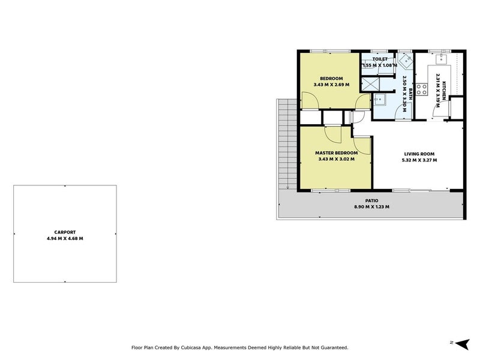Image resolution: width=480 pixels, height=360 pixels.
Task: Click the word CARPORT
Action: pos(65,232)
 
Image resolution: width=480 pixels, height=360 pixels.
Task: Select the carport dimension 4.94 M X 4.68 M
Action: pos(65,238)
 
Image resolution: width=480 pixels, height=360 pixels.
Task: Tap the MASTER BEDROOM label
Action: pos(336,153)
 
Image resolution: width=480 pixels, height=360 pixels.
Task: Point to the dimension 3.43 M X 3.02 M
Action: pos(336,160)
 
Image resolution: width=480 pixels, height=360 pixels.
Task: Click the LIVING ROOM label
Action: pos(419,154)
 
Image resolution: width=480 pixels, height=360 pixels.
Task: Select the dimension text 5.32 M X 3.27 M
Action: pos(419,160)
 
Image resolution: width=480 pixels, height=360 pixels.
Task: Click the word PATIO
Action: pos(371,200)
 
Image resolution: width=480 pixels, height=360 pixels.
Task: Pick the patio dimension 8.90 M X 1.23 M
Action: pos(371,207)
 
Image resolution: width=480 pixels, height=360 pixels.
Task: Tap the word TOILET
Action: pos(380,59)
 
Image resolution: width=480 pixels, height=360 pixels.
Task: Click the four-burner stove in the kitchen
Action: pos(422,89)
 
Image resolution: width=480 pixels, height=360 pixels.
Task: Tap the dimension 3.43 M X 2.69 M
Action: pos(331,85)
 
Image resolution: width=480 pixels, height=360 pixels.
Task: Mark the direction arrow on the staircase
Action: pos(288,186)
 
